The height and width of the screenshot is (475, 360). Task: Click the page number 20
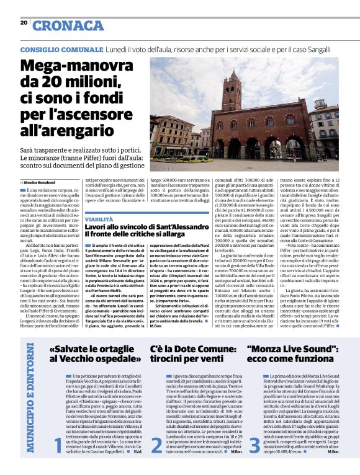24,23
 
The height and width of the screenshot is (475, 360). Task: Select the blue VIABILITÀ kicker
99,220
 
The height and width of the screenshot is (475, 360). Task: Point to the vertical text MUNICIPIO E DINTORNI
30,396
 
